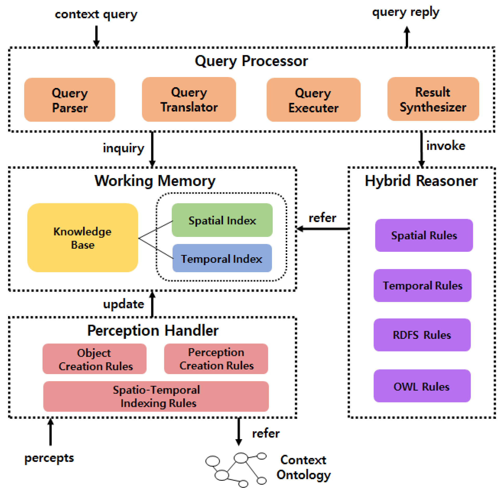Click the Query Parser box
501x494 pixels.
pyautogui.click(x=69, y=100)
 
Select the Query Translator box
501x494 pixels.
pyautogui.click(x=189, y=100)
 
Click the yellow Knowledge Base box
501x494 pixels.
pyautogui.click(x=83, y=238)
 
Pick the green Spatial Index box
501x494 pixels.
pyautogui.click(x=222, y=220)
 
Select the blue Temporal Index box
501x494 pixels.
pyautogui.click(x=222, y=259)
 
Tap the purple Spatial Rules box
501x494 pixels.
pyautogui.click(x=424, y=235)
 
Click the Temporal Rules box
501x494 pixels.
pyautogui.click(x=422, y=286)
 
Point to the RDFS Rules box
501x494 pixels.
pyautogui.click(x=422, y=335)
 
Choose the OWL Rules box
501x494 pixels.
pyautogui.click(x=422, y=386)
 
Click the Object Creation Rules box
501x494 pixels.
pyautogui.click(x=94, y=359)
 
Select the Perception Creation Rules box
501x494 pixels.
pyautogui.click(x=216, y=359)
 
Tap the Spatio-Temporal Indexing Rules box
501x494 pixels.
pyautogui.click(x=156, y=397)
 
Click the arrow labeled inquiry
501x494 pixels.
pyautogui.click(x=153, y=150)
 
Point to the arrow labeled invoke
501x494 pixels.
pyautogui.click(x=421, y=150)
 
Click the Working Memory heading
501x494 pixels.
pyautogui.click(x=155, y=181)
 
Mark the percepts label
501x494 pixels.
pyautogui.click(x=49, y=458)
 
